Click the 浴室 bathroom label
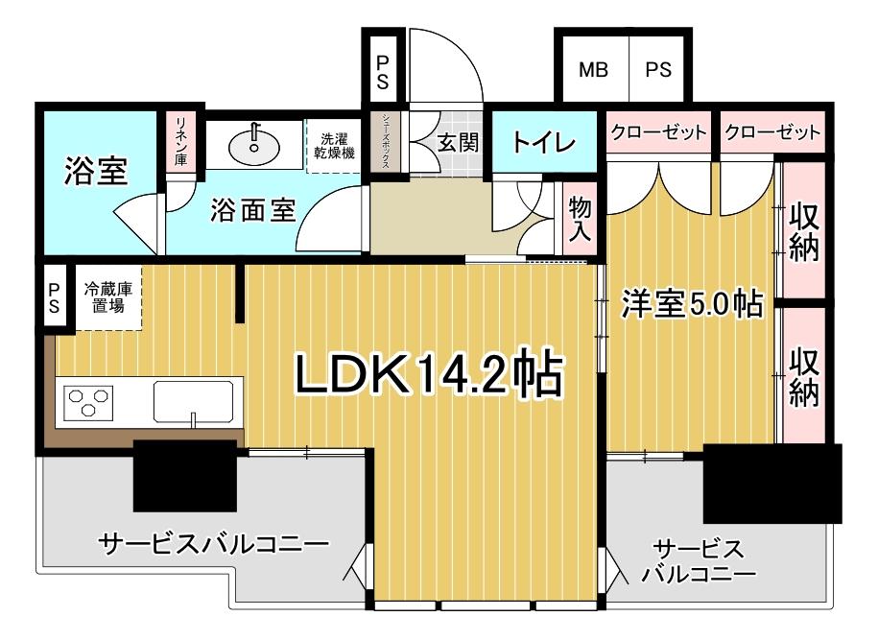pos(96,172)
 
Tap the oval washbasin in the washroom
pos(254,145)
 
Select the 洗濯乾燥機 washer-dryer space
pos(334,146)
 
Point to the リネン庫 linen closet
pos(181,142)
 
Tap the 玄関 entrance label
pos(458,142)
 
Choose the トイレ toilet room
pos(544,142)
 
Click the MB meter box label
pos(594,70)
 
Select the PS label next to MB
pos(658,70)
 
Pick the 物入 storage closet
pos(579,220)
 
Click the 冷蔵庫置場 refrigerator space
pos(108,297)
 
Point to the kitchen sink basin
pos(193,401)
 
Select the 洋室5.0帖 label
pos(692,304)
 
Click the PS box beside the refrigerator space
pos(55,297)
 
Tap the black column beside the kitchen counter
pos(185,476)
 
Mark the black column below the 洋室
pos(772,484)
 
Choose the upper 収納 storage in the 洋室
pos(804,230)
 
